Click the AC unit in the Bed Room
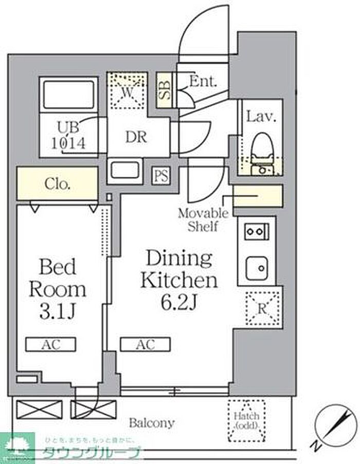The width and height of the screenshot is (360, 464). click(50, 344)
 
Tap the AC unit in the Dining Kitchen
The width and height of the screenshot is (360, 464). click(145, 344)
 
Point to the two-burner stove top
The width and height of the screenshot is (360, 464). click(256, 231)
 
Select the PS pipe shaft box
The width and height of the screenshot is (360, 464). click(160, 176)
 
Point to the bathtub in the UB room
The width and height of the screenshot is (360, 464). click(69, 94)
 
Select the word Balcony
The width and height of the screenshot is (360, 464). click(151, 423)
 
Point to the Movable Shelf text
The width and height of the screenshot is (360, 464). click(203, 220)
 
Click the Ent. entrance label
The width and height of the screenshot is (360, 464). click(203, 81)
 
